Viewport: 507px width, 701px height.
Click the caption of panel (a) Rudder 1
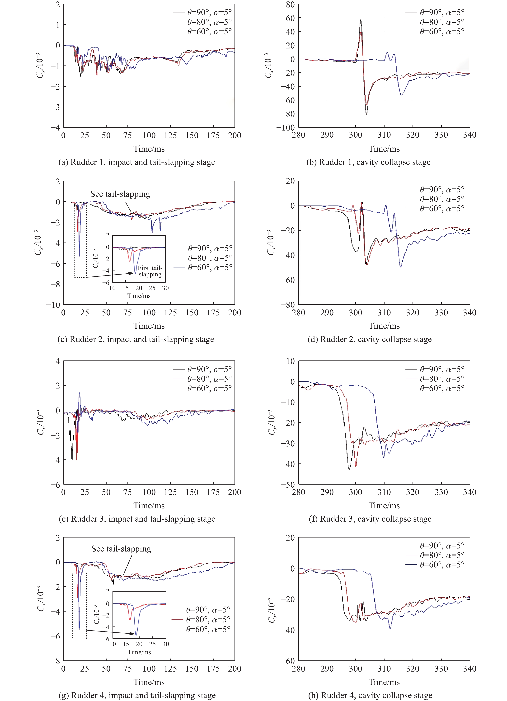137,162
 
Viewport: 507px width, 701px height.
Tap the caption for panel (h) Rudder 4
370,695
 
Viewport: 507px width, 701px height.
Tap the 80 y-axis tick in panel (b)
290,5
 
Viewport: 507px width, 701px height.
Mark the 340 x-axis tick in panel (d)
470,313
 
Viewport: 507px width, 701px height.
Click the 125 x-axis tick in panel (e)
170,492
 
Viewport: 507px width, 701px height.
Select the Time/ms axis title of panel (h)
384,682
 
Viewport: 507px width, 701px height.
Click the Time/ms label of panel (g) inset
139,652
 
